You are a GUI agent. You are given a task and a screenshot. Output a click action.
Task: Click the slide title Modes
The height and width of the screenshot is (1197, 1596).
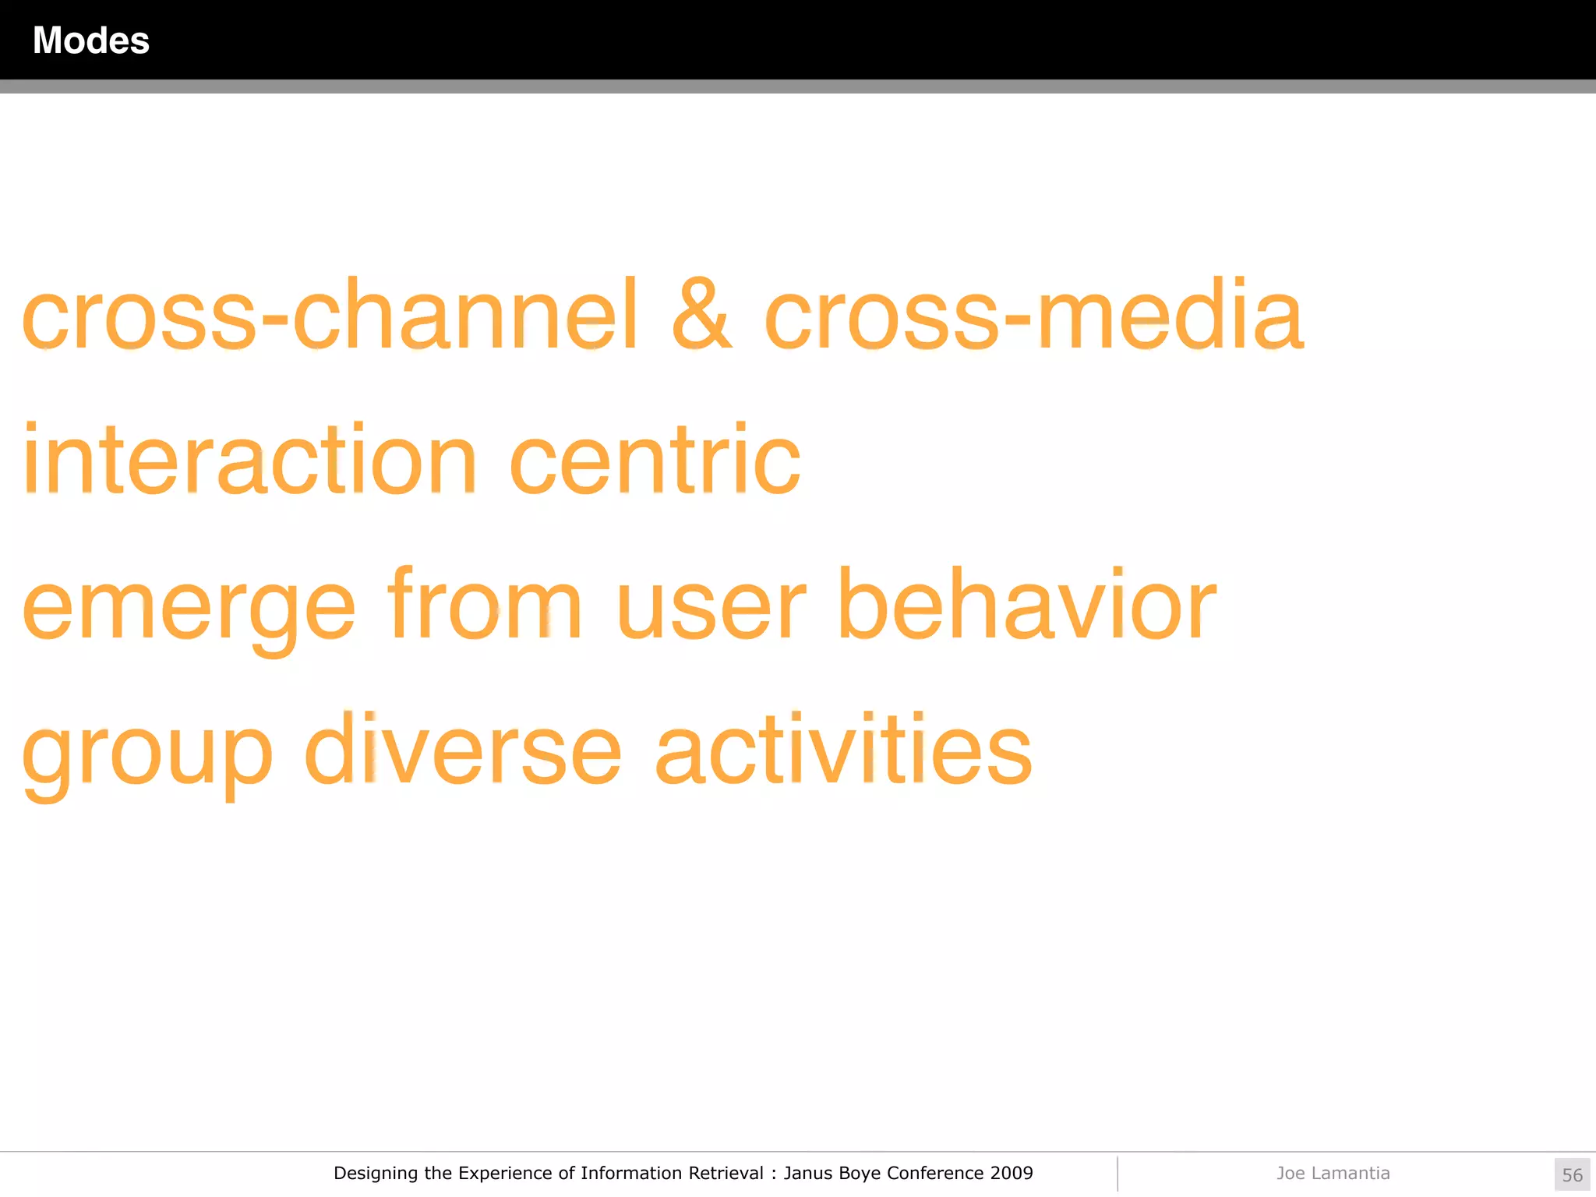[x=90, y=41]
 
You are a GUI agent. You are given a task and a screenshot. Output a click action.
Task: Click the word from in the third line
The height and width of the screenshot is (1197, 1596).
[x=485, y=604]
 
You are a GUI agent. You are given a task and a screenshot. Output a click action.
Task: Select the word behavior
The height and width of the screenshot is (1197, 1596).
[x=1026, y=604]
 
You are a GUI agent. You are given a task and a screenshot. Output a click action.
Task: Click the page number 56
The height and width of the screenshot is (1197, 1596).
[x=1572, y=1174]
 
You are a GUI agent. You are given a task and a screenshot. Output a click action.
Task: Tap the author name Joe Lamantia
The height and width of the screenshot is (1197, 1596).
[x=1333, y=1173]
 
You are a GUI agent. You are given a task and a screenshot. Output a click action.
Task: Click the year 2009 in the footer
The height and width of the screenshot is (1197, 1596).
[x=1011, y=1173]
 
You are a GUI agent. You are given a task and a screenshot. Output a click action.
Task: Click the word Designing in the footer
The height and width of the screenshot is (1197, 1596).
[x=376, y=1174]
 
